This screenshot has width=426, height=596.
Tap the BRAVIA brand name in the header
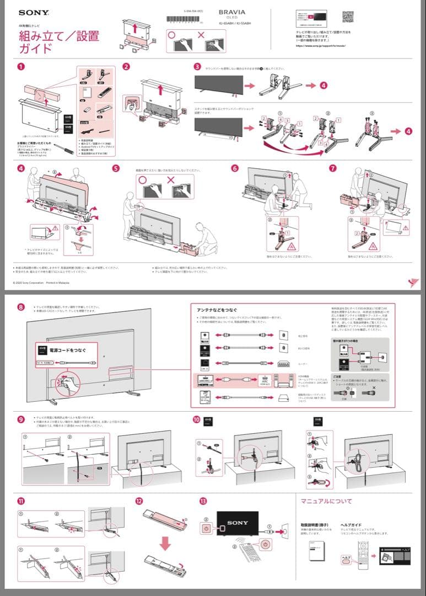coord(232,12)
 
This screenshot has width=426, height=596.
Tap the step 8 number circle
coord(20,307)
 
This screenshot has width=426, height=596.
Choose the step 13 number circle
coord(203,501)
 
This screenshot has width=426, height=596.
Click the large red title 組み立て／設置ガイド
coord(58,42)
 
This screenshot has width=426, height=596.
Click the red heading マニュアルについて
coord(326,501)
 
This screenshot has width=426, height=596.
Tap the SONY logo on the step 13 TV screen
coord(238,523)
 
